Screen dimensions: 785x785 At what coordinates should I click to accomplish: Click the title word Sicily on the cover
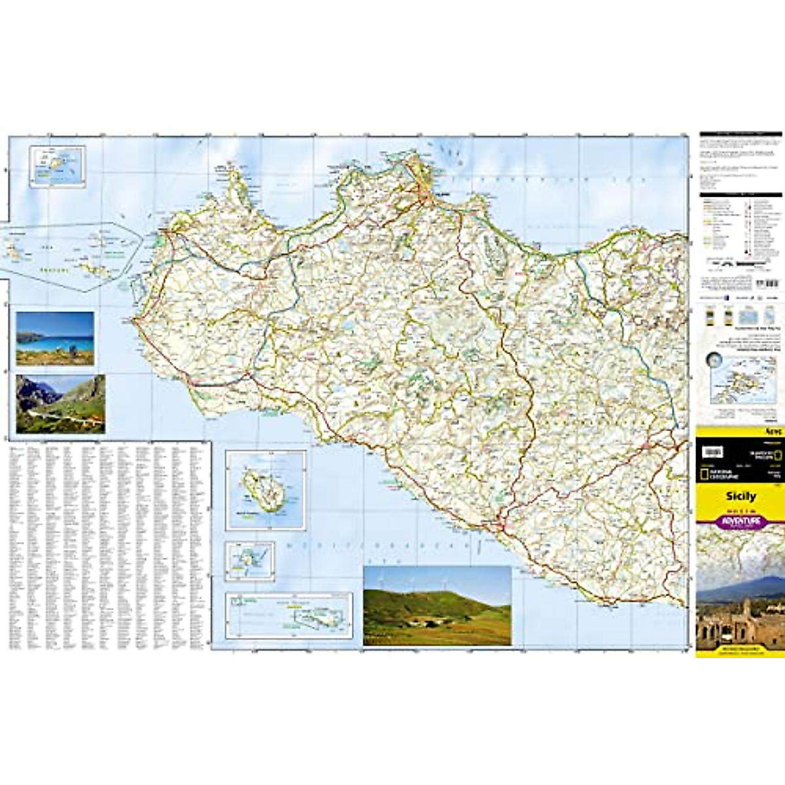(741, 496)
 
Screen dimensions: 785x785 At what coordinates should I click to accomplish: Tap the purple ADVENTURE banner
(741, 521)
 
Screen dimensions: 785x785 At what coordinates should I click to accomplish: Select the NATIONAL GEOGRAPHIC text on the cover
(716, 473)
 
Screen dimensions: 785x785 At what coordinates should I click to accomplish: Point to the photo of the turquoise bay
(55, 338)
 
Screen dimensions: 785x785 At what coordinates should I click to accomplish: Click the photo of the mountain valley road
(60, 404)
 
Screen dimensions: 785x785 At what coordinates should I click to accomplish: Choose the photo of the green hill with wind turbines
(437, 605)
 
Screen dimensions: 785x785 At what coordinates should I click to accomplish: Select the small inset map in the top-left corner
(58, 166)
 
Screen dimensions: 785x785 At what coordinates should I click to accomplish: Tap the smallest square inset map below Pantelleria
(250, 561)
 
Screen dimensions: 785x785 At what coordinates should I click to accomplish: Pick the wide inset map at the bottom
(288, 616)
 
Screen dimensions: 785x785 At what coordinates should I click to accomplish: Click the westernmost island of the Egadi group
(13, 249)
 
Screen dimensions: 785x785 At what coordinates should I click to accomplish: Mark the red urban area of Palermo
(425, 194)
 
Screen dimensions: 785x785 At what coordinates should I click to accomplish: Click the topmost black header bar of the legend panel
(741, 134)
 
